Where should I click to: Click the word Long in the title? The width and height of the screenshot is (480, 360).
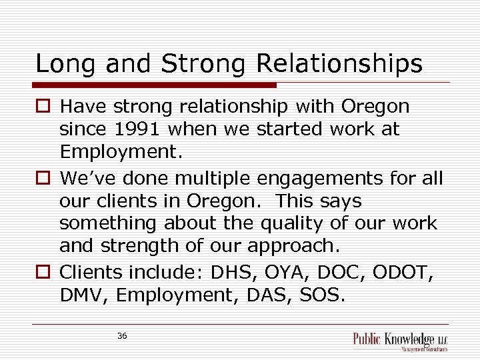click(x=61, y=64)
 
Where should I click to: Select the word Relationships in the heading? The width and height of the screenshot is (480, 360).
click(x=339, y=64)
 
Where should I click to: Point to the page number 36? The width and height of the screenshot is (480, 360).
click(x=122, y=336)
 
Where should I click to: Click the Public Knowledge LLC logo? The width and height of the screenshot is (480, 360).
click(x=400, y=341)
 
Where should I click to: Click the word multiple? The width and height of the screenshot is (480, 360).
click(x=212, y=178)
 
